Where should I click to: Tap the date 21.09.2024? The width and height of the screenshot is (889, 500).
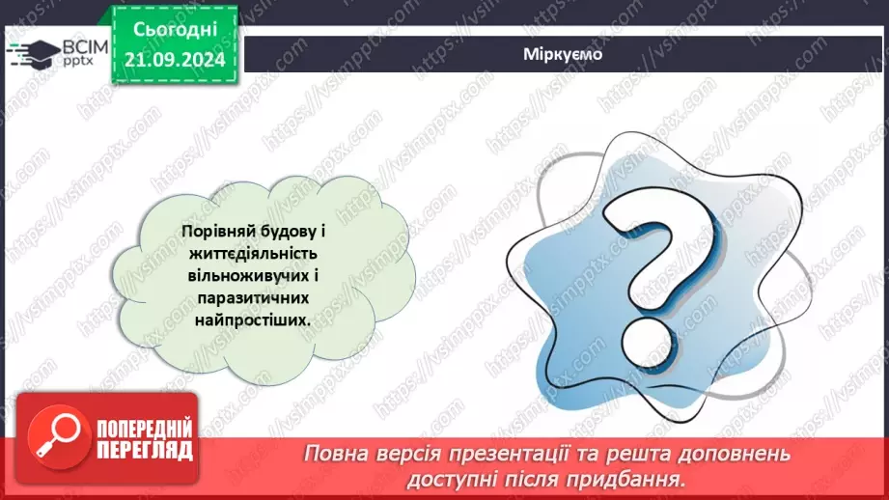point(174,59)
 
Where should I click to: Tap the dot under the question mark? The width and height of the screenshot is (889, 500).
point(645,339)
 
